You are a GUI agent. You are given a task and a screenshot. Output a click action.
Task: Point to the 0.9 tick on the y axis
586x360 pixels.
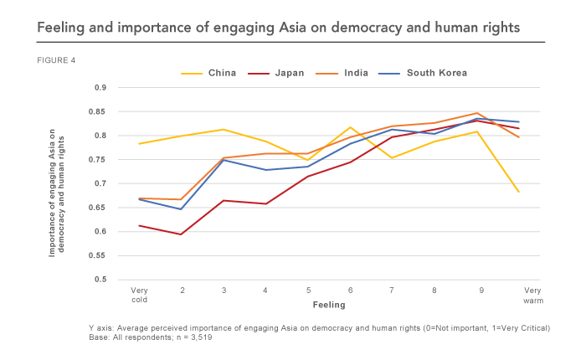[100, 88]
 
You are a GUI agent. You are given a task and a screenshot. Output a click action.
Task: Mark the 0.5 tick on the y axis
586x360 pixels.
[100, 280]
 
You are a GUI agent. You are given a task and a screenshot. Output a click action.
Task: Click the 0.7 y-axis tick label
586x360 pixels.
[100, 183]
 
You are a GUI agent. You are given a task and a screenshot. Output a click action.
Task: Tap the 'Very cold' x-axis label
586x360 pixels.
[141, 295]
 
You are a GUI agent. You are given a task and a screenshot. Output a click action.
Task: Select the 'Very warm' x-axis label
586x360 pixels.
[519, 295]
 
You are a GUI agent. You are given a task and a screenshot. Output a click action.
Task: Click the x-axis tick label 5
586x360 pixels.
[308, 291]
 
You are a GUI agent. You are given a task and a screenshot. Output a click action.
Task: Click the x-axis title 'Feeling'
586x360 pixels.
[329, 306]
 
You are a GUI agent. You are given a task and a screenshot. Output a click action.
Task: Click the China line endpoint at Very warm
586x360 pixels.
[519, 192]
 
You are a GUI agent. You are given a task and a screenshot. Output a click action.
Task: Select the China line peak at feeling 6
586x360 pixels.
[351, 127]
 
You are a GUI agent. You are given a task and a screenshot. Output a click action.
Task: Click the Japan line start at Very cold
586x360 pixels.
[141, 225]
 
